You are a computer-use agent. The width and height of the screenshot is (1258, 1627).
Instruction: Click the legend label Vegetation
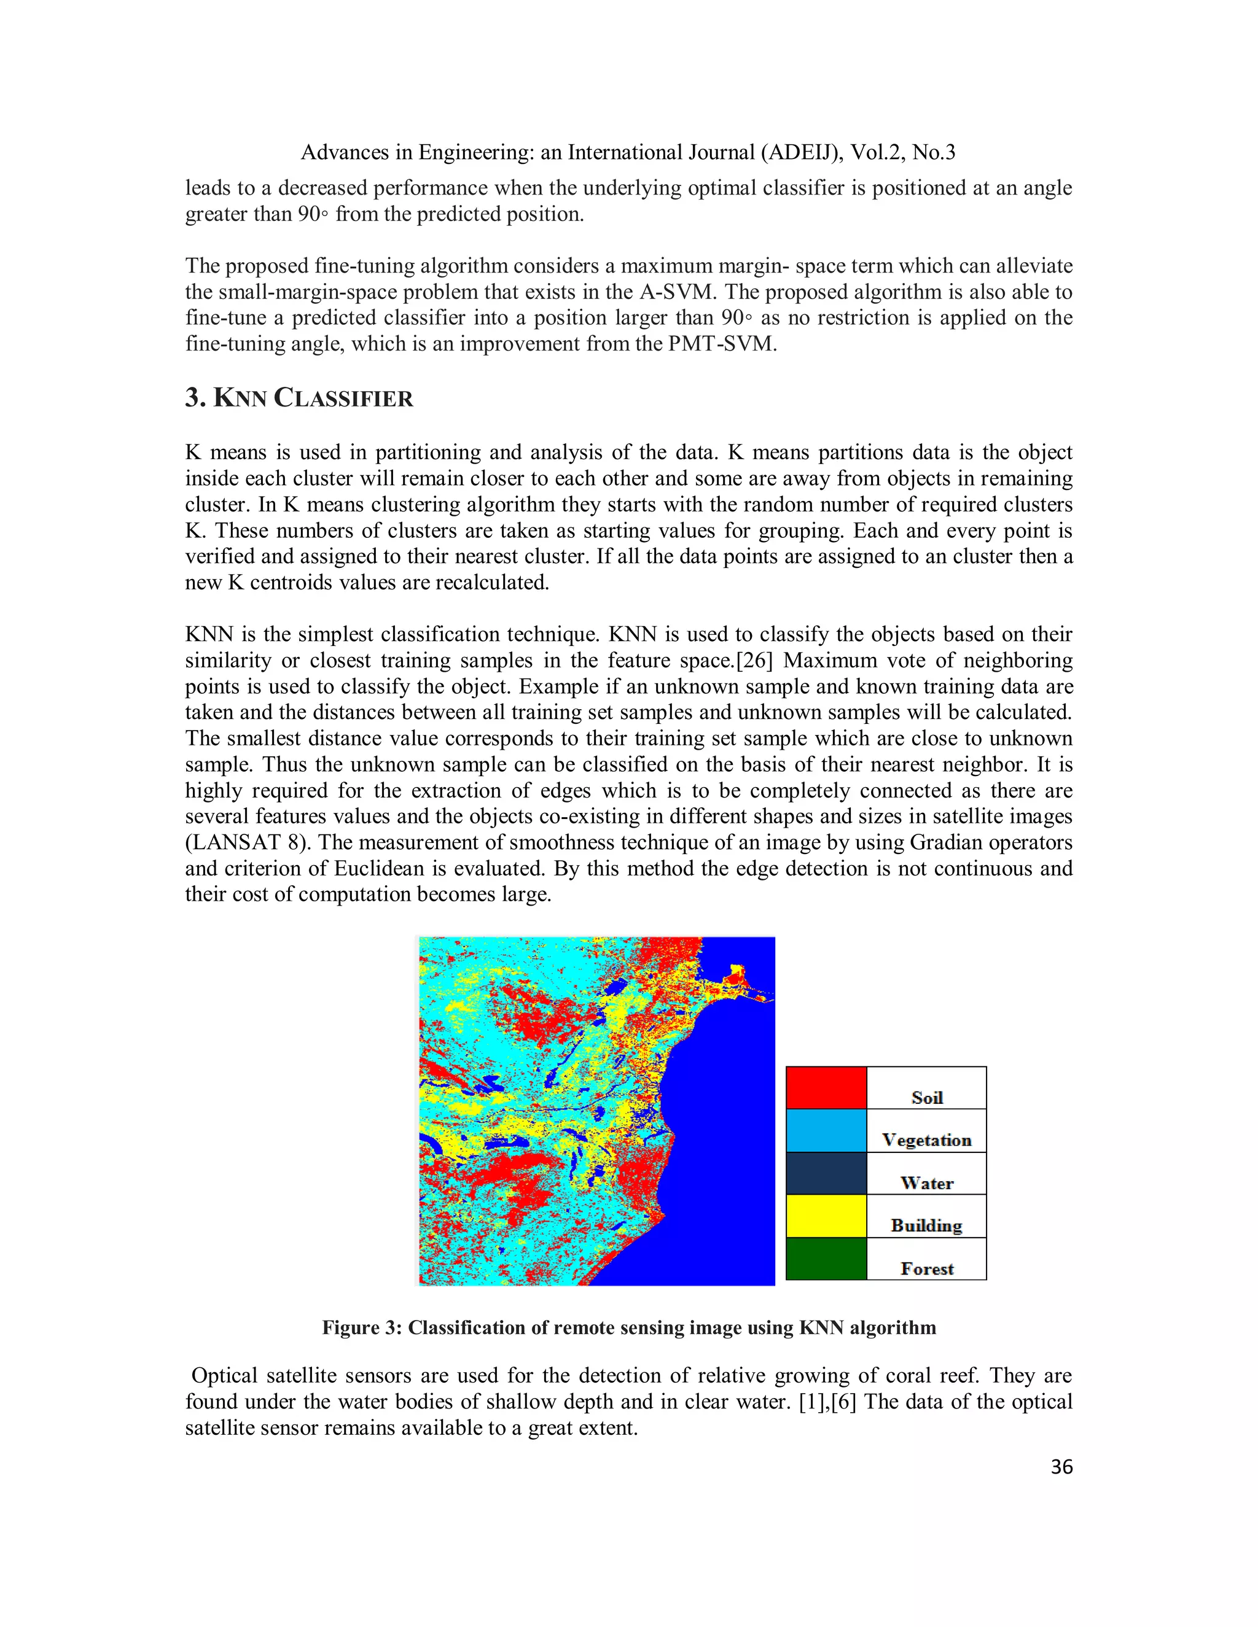[x=926, y=1140]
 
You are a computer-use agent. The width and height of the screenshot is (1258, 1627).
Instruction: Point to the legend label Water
[x=926, y=1183]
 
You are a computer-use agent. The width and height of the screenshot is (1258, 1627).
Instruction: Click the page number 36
[x=1061, y=1467]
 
